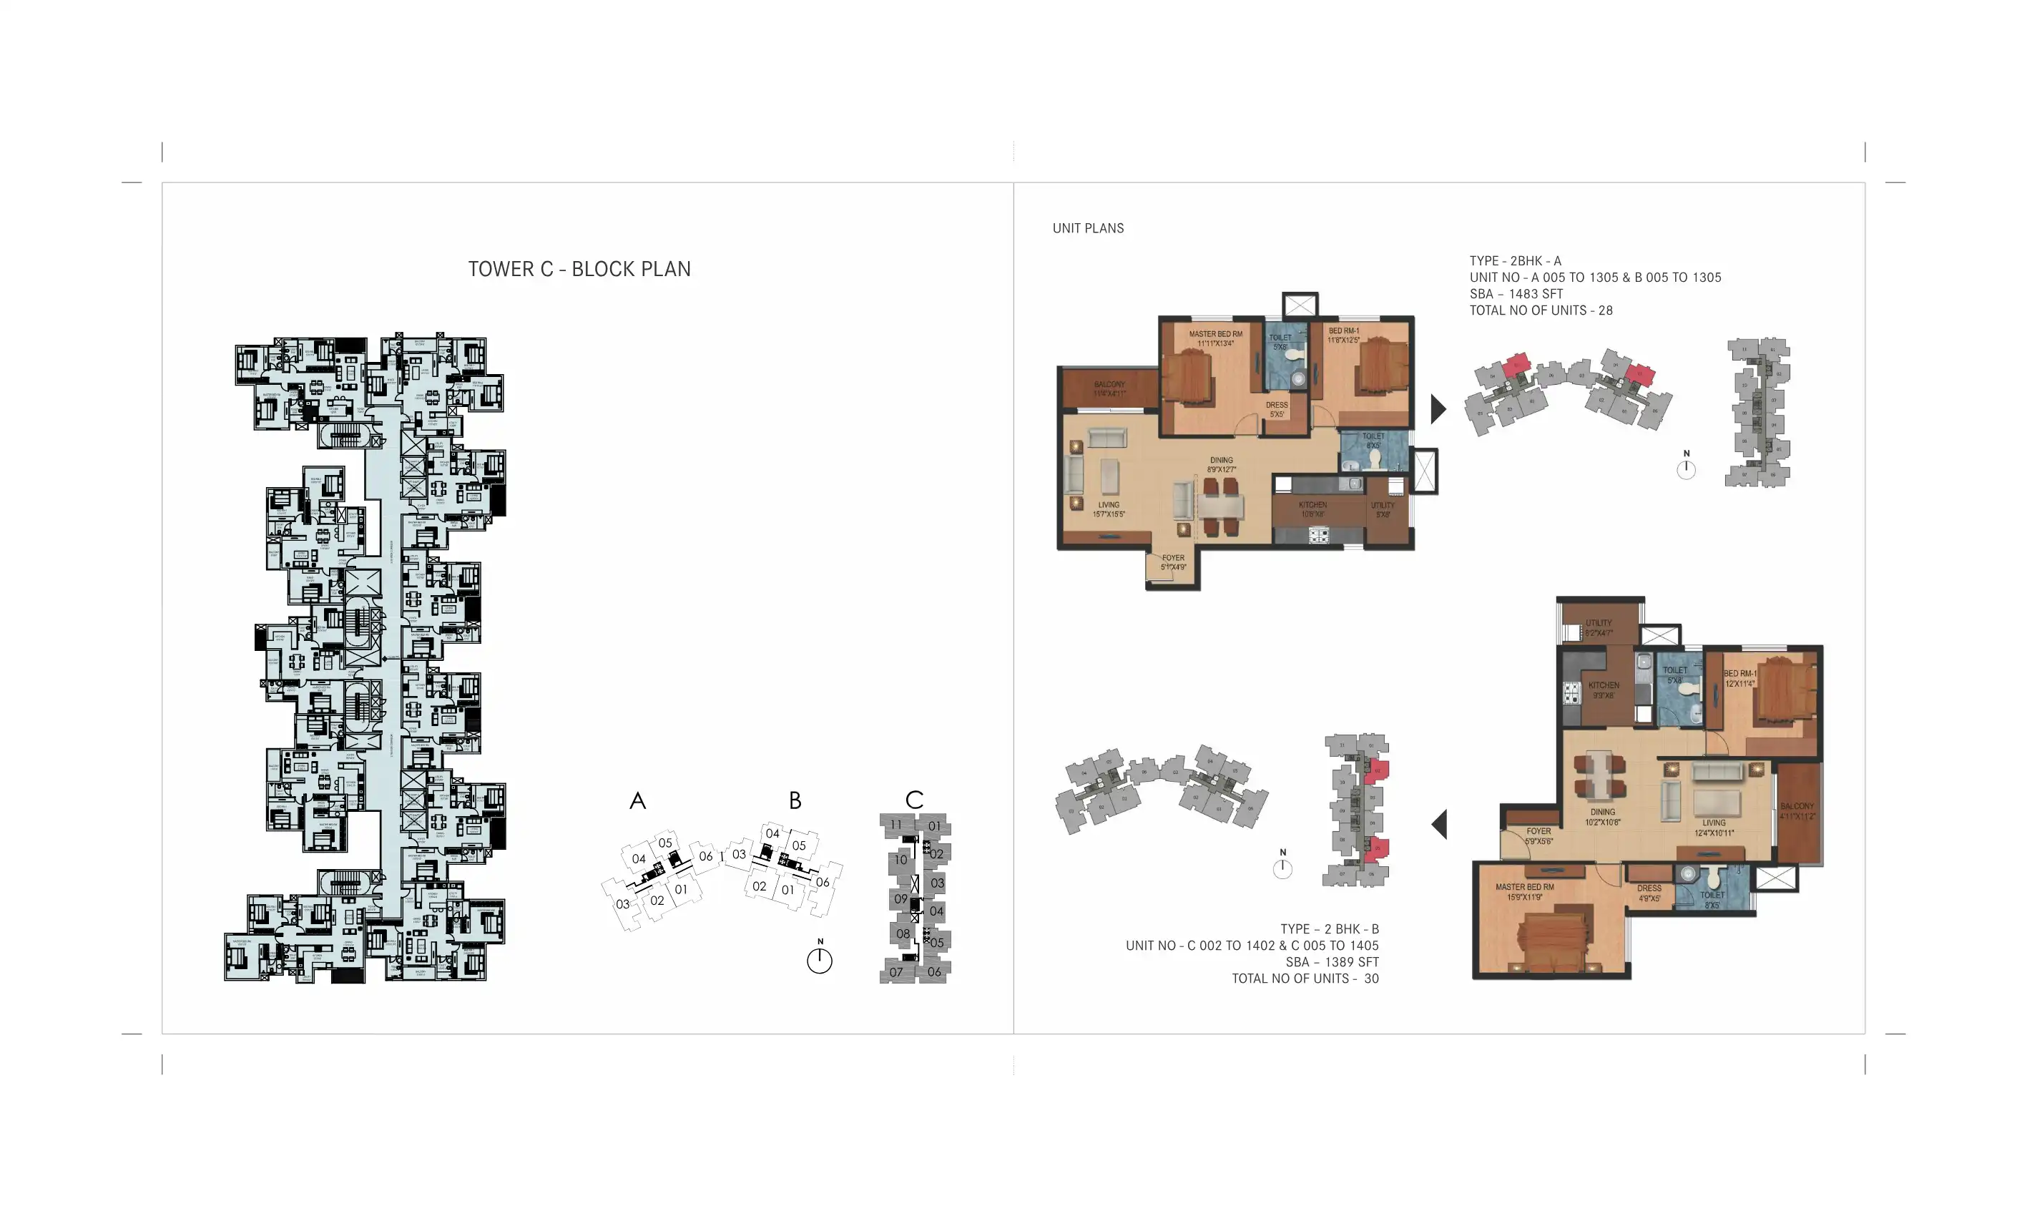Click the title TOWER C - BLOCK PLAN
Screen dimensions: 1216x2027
(579, 269)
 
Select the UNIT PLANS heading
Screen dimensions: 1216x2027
(1087, 229)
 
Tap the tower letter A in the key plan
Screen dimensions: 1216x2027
(637, 800)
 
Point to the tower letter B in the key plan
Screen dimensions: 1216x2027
(795, 800)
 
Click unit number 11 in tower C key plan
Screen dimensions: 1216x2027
(895, 825)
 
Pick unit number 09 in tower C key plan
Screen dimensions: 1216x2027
(900, 899)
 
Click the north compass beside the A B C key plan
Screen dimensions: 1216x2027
(820, 959)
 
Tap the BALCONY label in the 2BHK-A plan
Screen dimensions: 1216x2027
(1109, 384)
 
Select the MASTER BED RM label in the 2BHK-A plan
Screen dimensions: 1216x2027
(1215, 334)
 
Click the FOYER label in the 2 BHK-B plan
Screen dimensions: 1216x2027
(1538, 831)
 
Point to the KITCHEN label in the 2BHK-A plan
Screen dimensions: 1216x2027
(1312, 506)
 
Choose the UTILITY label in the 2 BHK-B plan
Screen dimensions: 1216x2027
(1598, 623)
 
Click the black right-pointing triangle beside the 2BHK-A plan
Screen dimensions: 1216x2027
(1438, 409)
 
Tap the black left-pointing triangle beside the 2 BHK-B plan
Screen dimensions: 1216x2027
(1439, 824)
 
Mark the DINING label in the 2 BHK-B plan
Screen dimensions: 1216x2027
(1603, 812)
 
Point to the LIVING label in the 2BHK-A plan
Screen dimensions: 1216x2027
(1109, 506)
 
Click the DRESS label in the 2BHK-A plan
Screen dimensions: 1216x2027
(1277, 405)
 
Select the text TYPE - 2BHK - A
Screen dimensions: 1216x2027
(1515, 261)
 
